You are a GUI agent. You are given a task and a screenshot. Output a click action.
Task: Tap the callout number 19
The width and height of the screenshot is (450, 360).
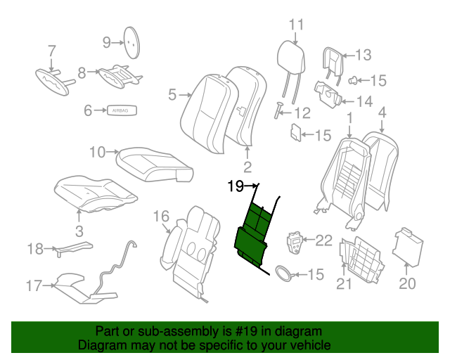(x=235, y=186)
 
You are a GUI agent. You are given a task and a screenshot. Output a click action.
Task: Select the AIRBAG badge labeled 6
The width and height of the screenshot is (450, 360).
(x=122, y=110)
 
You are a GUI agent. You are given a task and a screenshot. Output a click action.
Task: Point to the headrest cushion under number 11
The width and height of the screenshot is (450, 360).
(x=289, y=54)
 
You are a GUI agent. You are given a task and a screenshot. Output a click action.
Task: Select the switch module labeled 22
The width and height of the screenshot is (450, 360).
(x=295, y=244)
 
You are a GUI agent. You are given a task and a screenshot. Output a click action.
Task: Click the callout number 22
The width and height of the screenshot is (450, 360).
(x=323, y=241)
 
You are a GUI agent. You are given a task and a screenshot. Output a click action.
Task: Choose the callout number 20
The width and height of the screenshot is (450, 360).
(x=408, y=284)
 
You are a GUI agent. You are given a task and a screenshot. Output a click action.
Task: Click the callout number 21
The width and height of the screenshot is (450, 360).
(x=344, y=284)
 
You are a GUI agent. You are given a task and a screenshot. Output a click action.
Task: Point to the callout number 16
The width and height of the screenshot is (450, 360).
(x=161, y=216)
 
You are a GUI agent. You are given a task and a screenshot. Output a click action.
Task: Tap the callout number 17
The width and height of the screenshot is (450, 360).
(x=34, y=285)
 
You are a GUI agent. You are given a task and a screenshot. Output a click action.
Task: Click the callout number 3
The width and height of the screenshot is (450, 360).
(x=78, y=231)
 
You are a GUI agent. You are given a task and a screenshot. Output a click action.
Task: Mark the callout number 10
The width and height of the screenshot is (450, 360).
(x=98, y=152)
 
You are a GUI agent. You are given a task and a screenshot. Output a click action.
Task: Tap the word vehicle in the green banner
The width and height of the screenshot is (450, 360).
(x=313, y=346)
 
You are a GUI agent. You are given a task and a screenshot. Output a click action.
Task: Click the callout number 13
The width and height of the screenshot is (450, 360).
(x=362, y=55)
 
